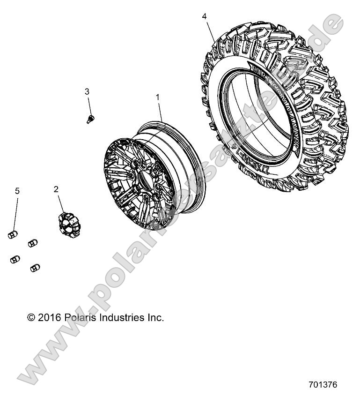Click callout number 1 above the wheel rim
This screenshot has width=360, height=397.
[158, 97]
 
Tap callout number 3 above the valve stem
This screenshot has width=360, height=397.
[87, 91]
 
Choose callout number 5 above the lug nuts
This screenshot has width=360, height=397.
[17, 191]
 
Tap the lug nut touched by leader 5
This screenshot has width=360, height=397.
[13, 234]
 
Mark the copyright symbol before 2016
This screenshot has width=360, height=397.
[31, 318]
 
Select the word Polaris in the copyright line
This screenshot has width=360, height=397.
[78, 318]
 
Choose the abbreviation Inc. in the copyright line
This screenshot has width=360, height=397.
[156, 318]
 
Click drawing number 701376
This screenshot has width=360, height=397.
[323, 384]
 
